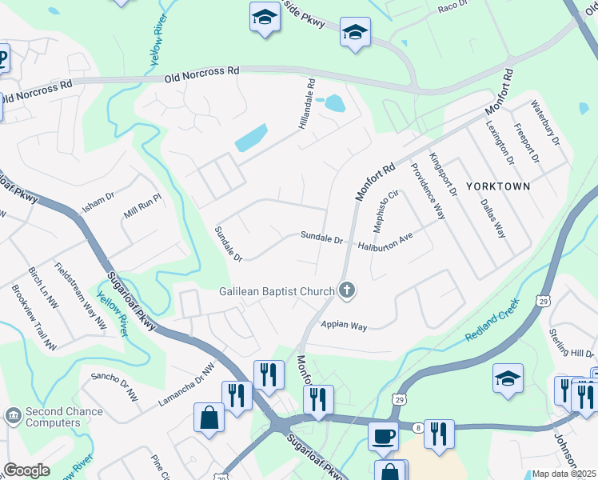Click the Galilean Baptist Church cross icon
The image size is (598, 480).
[346, 290]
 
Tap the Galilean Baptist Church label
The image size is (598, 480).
[278, 291]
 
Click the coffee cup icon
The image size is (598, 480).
[383, 436]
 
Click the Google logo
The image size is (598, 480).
[26, 470]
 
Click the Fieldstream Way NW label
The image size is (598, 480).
[81, 295]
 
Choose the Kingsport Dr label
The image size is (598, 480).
[442, 174]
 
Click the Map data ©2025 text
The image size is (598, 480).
[564, 474]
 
